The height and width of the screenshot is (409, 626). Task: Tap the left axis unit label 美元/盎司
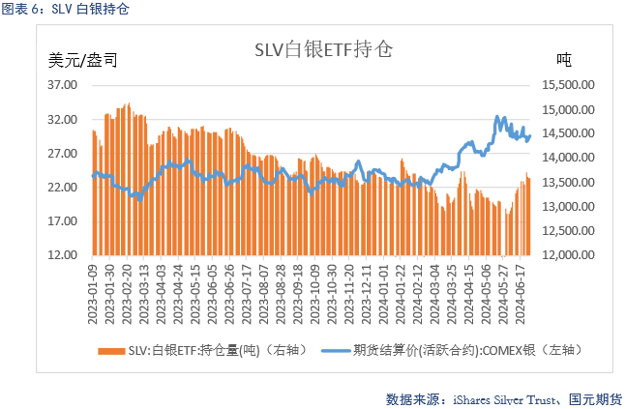coord(83,61)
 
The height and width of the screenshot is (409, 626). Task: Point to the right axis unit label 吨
coord(564,61)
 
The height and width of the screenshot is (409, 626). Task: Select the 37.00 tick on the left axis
coord(62,85)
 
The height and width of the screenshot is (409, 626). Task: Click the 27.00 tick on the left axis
coord(62,154)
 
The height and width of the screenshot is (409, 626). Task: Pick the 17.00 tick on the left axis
coord(62,221)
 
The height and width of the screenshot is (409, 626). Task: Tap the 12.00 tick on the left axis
coord(62,255)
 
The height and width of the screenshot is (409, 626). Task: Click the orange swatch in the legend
coord(111,350)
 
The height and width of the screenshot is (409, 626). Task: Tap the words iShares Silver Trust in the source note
coord(499,397)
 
